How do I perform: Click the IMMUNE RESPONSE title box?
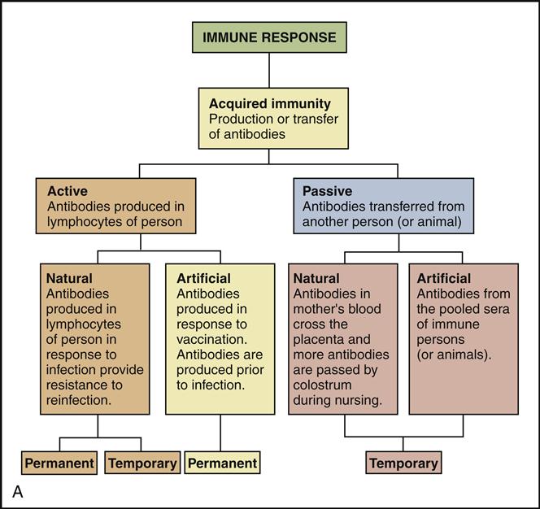pos(269,37)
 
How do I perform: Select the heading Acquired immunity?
pos(270,103)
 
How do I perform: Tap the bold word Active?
pos(67,191)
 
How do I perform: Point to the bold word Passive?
pos(327,191)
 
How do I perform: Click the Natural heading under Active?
pos(69,278)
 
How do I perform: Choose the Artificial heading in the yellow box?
pos(203,278)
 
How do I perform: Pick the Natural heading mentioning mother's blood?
pos(316,278)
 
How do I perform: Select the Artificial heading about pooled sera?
pos(443,278)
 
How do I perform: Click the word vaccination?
pos(211,339)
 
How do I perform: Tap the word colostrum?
pos(322,385)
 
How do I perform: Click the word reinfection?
pos(79,400)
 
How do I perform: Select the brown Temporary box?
pos(142,463)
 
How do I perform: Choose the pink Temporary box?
pos(403,463)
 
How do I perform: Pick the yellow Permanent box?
pos(223,463)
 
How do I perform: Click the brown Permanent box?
pos(59,463)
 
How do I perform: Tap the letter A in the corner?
pos(18,492)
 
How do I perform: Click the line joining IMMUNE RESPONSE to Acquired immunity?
pos(269,70)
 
